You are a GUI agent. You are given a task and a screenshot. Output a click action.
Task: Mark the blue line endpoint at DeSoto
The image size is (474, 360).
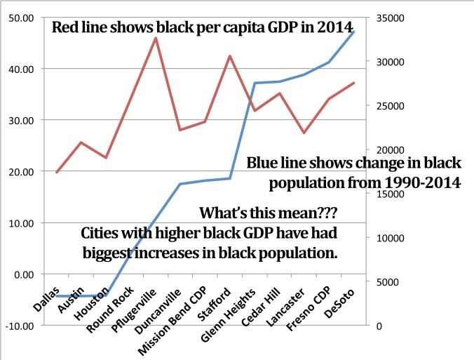pos(354,32)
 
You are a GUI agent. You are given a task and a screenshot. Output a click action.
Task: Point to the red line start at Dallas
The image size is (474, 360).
pos(57,172)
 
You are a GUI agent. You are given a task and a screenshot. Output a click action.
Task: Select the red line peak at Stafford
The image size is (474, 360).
pos(230,55)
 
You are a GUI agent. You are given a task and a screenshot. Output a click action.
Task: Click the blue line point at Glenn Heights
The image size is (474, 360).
pos(255,83)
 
